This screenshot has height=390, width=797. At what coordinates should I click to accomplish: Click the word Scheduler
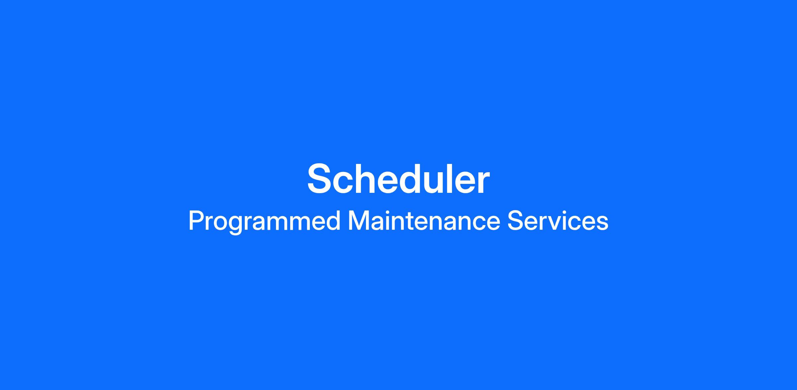point(398,179)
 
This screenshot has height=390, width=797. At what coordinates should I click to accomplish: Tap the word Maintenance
point(424,220)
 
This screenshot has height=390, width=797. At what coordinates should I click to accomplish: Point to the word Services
point(558,220)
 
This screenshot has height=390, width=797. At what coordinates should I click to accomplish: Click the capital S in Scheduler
point(321,179)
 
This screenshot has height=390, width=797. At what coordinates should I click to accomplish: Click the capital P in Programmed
point(196,220)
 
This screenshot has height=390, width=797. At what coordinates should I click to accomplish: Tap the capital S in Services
point(515,220)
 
